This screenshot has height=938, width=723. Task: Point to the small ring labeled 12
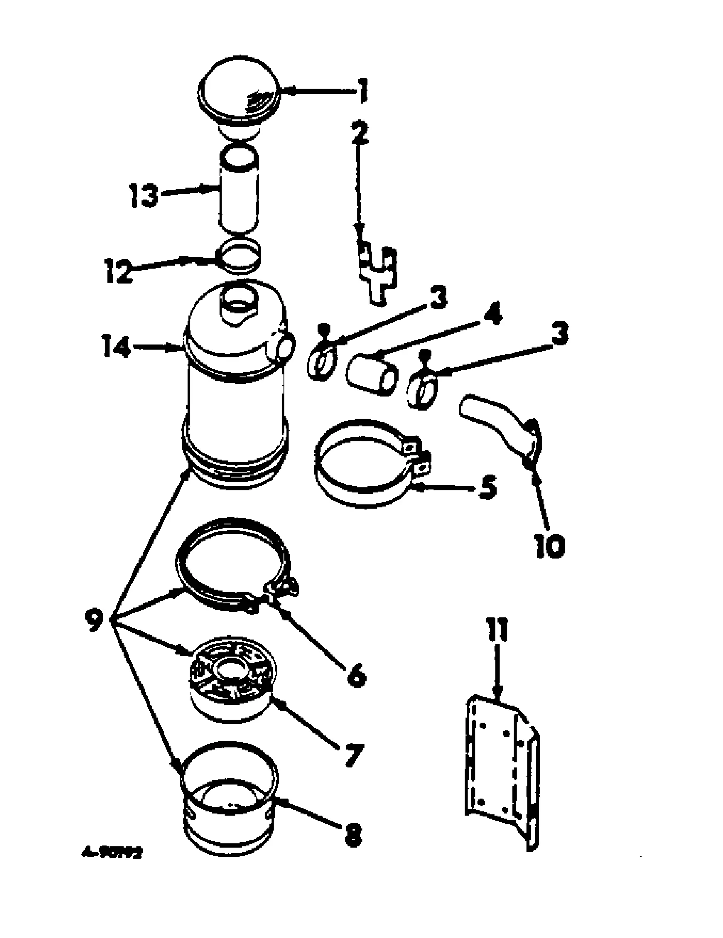pyautogui.click(x=240, y=255)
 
